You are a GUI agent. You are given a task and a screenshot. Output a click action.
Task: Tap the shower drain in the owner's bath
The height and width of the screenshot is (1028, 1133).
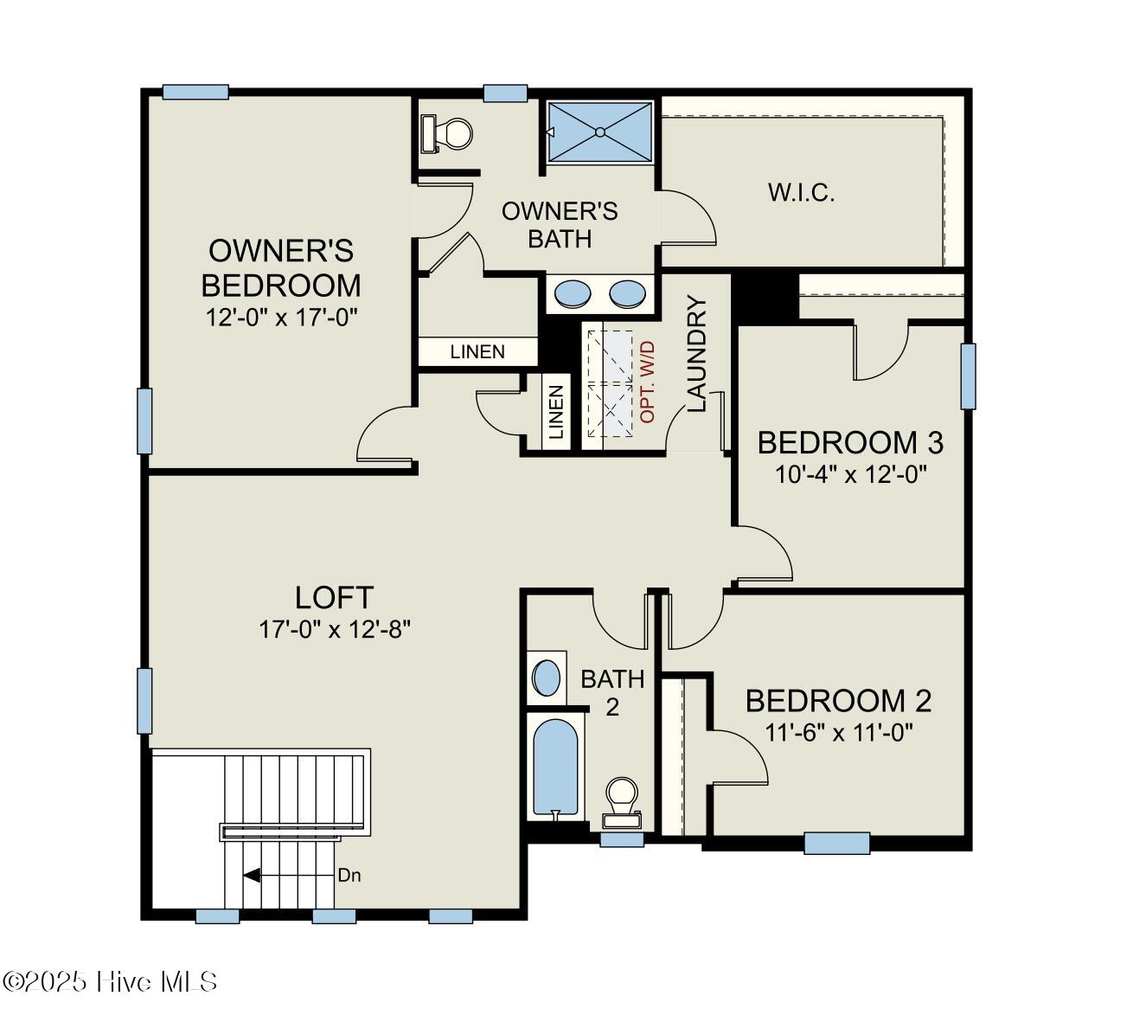click(x=599, y=132)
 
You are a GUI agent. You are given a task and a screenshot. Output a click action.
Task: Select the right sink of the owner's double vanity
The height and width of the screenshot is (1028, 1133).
click(x=627, y=294)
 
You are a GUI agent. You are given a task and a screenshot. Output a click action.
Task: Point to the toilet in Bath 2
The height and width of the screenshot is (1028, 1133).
click(x=622, y=799)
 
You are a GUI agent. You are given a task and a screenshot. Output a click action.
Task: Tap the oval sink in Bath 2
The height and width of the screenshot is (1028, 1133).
click(x=546, y=678)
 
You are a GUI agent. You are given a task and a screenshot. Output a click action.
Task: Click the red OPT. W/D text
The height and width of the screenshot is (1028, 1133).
click(x=649, y=382)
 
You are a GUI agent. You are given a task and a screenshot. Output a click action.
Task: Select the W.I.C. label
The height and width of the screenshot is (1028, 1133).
click(x=801, y=192)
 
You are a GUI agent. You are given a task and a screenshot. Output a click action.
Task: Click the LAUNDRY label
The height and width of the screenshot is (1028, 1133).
click(x=697, y=354)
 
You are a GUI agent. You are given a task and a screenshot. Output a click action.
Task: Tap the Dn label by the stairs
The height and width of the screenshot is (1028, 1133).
click(x=349, y=875)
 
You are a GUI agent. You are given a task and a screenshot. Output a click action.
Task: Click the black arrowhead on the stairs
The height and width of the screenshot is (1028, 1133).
click(x=252, y=875)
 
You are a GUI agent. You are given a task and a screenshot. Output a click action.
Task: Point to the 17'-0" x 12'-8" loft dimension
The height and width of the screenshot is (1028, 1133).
click(x=334, y=629)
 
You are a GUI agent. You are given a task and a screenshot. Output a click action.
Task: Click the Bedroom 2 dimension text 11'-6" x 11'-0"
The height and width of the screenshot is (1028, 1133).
click(x=839, y=732)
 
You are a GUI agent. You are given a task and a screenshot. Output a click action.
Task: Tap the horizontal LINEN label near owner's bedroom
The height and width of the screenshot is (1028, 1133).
click(x=477, y=351)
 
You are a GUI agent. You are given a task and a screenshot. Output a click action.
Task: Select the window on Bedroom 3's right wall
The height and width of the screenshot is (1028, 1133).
click(x=968, y=376)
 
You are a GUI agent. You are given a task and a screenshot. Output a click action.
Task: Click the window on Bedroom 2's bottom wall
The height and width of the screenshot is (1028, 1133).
click(x=836, y=842)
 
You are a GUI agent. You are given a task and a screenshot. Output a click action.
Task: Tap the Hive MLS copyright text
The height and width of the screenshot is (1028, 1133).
click(x=110, y=981)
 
